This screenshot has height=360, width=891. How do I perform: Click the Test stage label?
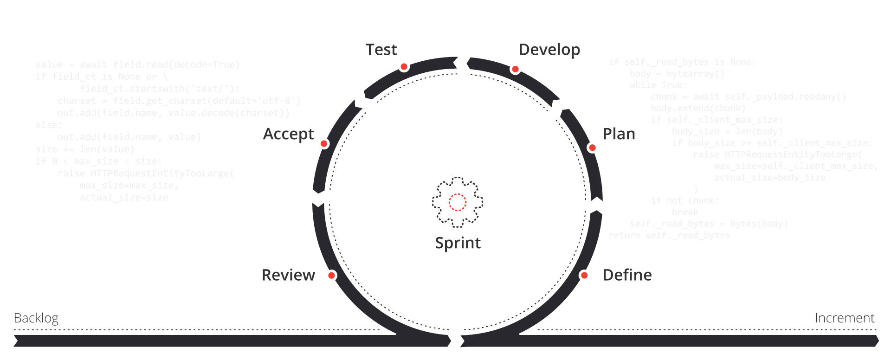click(x=381, y=50)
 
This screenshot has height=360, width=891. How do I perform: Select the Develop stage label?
click(x=549, y=50)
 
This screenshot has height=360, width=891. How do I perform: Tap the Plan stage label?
click(x=619, y=134)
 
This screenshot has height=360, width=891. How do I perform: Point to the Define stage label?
click(x=627, y=275)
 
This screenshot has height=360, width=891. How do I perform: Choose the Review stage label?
click(x=288, y=275)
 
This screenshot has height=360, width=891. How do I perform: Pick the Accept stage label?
click(x=288, y=134)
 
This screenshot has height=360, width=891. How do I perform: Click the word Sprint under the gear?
click(x=458, y=243)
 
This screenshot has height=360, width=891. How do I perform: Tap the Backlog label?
click(x=36, y=318)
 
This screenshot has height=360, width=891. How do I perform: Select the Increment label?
click(x=844, y=318)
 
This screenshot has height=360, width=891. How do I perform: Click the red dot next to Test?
click(x=404, y=67)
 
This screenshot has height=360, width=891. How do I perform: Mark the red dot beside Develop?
click(x=515, y=70)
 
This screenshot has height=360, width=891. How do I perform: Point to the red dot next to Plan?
click(x=592, y=148)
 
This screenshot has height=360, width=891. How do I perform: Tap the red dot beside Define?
click(x=585, y=276)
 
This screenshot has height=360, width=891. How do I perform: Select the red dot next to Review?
click(x=332, y=276)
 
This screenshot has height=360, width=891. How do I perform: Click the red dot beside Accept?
click(x=324, y=144)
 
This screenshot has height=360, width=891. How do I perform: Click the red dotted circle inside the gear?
click(x=458, y=202)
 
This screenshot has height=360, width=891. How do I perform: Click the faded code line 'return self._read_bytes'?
click(x=669, y=236)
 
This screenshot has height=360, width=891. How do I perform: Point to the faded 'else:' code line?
click(x=49, y=125)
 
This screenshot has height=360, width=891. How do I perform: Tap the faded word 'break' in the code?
click(x=684, y=212)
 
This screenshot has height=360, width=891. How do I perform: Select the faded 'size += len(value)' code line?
click(x=84, y=149)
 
